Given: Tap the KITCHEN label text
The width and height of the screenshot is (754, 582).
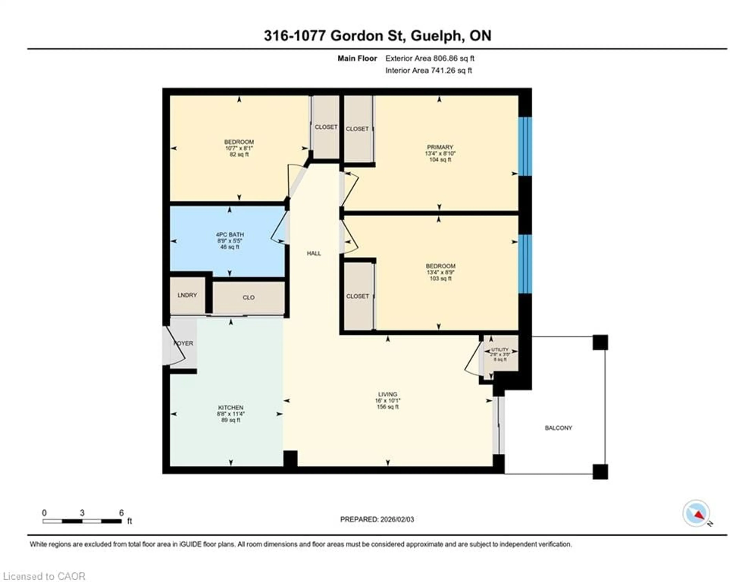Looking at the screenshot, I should pos(231,408).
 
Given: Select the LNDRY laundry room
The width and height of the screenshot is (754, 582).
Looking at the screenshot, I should pos(187,295).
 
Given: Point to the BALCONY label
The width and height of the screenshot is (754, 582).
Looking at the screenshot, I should pos(558,428).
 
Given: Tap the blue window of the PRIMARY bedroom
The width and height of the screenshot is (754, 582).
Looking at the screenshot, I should pos(525,146).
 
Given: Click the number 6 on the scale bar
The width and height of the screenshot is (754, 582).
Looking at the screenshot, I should pos(121,513).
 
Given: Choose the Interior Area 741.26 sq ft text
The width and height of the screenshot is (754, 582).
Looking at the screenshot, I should pos(428,70).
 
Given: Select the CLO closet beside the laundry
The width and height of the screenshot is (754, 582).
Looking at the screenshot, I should pos(249,297).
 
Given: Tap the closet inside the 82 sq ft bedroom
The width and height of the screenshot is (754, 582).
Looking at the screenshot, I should pos(326,127).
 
